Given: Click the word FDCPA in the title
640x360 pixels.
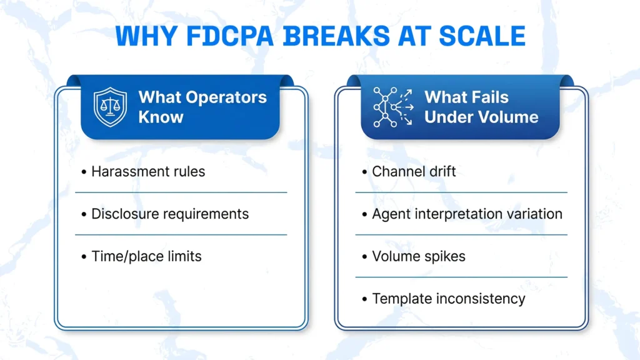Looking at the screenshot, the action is click(x=230, y=36).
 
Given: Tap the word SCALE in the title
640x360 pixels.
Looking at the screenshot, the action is click(x=482, y=36).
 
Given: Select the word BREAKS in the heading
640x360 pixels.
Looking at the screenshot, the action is click(x=337, y=36).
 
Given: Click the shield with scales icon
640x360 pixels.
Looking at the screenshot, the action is click(x=110, y=107).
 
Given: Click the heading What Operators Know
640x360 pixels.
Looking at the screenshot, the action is click(x=202, y=107).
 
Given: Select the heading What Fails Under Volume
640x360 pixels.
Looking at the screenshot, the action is click(x=481, y=107).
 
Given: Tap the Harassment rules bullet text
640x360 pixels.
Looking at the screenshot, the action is click(x=148, y=171).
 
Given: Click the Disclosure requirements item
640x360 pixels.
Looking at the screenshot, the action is click(x=170, y=214).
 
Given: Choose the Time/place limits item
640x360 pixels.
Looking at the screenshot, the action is click(x=146, y=256).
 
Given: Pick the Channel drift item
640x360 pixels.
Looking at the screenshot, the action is click(x=414, y=171).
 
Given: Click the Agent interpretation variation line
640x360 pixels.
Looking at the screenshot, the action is click(x=467, y=214).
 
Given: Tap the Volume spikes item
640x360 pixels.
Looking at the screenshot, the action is click(x=418, y=256).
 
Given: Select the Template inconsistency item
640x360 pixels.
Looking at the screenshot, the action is click(x=449, y=299).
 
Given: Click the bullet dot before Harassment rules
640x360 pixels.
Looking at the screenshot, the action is click(x=84, y=172).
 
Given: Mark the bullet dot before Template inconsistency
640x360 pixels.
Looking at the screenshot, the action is click(x=364, y=299).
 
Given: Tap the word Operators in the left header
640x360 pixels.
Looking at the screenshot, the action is click(x=226, y=97).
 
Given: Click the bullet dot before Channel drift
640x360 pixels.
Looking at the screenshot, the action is click(x=364, y=172).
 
